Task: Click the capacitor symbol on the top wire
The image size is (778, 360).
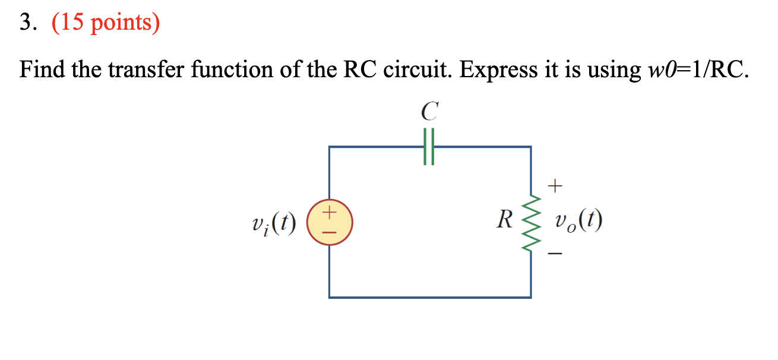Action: tap(429, 147)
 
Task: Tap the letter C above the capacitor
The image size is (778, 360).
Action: tap(429, 111)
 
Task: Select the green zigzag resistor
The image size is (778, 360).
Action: tap(531, 223)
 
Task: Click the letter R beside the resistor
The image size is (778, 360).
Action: tap(505, 220)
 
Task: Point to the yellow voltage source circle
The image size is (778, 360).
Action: tap(330, 222)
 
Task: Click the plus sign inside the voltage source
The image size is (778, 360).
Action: tap(330, 212)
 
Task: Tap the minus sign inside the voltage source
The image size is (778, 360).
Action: tap(330, 232)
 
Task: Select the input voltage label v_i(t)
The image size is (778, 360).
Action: tap(274, 223)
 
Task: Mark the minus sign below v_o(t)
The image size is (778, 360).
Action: tap(555, 253)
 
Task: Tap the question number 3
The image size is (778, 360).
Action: tap(28, 22)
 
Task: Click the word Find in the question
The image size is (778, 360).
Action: tap(42, 69)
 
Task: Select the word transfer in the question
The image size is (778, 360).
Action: tap(146, 69)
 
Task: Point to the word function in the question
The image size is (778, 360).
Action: tap(232, 69)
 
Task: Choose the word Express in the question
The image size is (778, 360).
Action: tap(498, 71)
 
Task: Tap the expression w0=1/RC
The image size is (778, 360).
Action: tap(698, 70)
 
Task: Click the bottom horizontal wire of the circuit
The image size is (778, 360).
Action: tap(430, 298)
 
